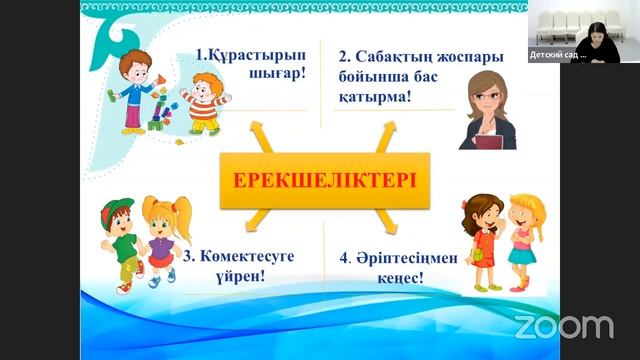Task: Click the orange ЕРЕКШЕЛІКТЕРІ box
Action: (325, 181)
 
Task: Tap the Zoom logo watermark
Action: (563, 326)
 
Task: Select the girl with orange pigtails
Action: (160, 240)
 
